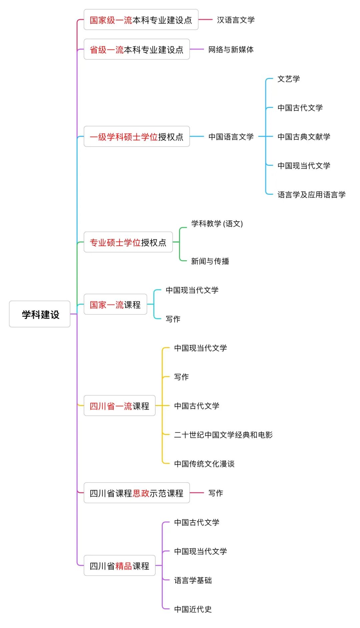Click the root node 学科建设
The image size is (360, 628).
40,314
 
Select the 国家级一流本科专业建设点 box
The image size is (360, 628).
141,20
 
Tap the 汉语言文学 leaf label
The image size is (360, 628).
236,20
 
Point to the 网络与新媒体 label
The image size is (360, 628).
231,50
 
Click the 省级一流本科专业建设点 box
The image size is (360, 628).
136,50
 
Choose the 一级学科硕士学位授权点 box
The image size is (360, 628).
136,137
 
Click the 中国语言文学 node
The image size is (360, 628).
231,137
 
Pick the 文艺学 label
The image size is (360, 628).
288,79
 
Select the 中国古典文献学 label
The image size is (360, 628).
304,137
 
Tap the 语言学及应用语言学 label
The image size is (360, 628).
311,195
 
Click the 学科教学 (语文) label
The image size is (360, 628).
217,224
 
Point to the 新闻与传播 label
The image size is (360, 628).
210,261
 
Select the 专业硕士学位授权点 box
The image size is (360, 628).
128,242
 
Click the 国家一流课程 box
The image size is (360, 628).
115,305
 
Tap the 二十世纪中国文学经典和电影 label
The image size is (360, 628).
223,435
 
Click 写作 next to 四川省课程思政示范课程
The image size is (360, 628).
215,493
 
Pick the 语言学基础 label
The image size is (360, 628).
193,580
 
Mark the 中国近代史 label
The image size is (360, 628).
193,609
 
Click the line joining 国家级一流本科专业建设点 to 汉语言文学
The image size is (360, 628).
205,20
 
